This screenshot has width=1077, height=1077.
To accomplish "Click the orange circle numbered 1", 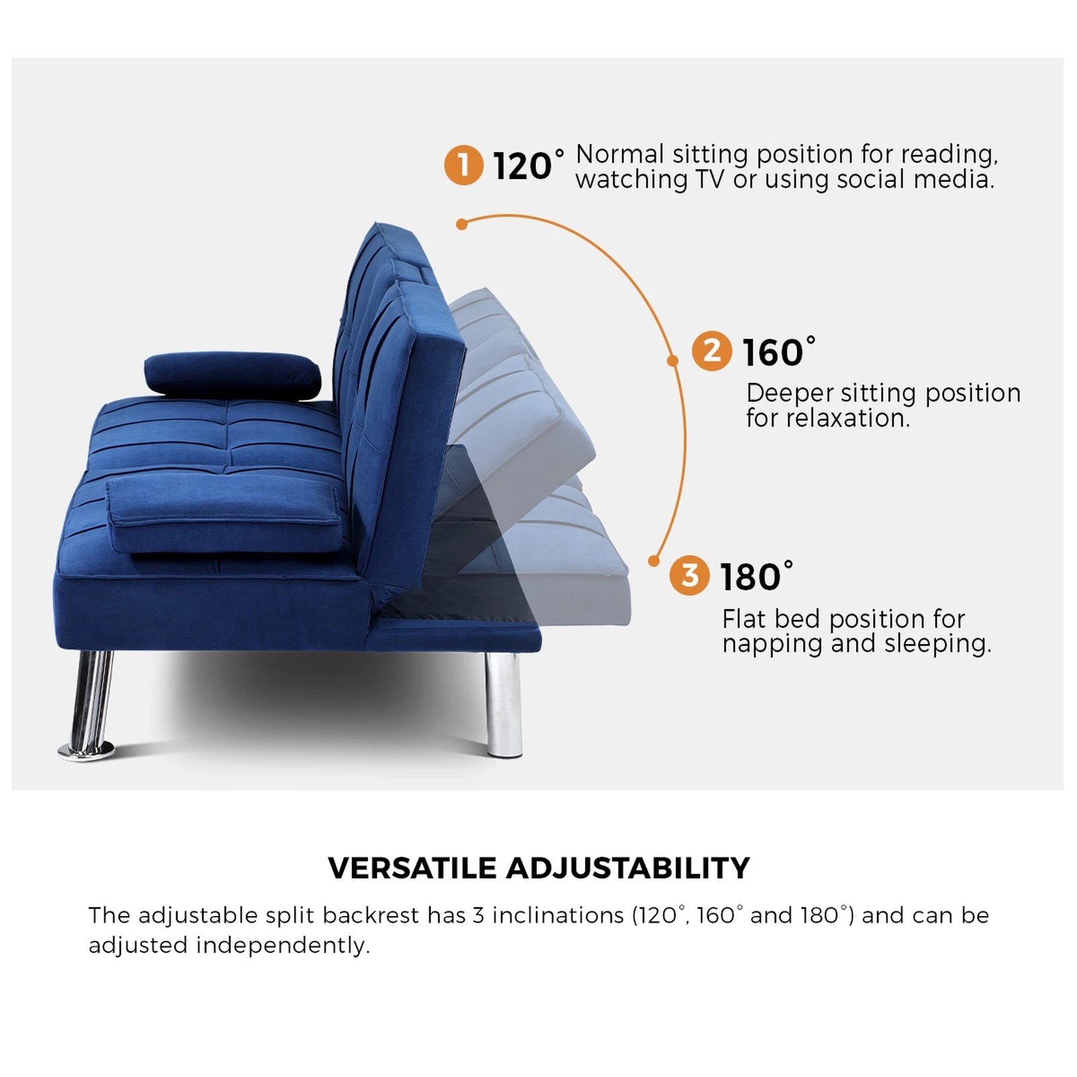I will (463, 165).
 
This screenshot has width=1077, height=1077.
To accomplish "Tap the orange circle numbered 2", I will (711, 351).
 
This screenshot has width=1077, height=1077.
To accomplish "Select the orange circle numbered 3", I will (689, 576).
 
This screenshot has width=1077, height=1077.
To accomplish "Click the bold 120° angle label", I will (528, 166).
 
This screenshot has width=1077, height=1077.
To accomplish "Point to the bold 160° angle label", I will (778, 352).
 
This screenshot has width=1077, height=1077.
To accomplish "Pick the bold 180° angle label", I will (756, 577).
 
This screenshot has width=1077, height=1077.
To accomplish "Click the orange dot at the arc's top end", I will (462, 224).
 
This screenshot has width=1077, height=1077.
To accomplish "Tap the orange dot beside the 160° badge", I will (672, 361).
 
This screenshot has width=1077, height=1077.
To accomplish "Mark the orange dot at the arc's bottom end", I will (653, 561).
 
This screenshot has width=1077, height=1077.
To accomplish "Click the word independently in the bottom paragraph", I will (283, 945).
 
